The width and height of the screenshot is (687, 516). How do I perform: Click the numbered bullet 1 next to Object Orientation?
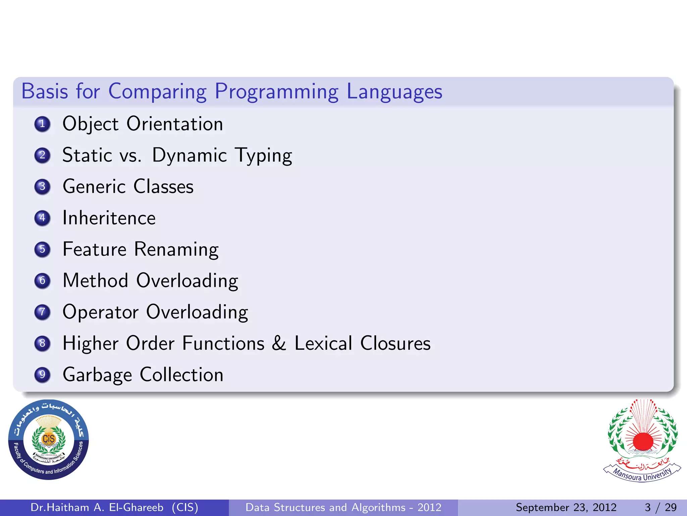point(42,124)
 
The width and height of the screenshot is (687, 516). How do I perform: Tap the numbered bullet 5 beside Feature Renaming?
point(42,249)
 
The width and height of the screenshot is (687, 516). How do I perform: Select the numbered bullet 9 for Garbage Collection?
point(42,375)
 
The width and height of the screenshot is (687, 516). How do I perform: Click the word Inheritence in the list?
point(109,218)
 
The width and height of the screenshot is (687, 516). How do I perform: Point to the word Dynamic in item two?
point(190,155)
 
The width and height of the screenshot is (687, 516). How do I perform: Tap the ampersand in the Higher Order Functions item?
point(279,343)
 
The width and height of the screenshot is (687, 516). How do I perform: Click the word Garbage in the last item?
point(97,375)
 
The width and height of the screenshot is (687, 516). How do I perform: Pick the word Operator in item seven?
point(100,312)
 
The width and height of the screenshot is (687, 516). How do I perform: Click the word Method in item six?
point(96,281)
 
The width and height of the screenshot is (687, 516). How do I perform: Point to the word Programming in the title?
point(276,92)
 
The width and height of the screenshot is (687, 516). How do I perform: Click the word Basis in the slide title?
point(45,91)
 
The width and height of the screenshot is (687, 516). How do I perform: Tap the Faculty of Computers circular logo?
point(49,439)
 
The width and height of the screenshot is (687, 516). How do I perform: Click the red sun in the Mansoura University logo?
point(643,441)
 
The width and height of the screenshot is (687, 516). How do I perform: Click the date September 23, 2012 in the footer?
point(566,507)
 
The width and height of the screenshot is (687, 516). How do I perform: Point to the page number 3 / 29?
point(660,507)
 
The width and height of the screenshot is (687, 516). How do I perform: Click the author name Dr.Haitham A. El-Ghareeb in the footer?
point(97,507)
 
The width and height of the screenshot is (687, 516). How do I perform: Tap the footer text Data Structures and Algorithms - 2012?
point(343,507)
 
